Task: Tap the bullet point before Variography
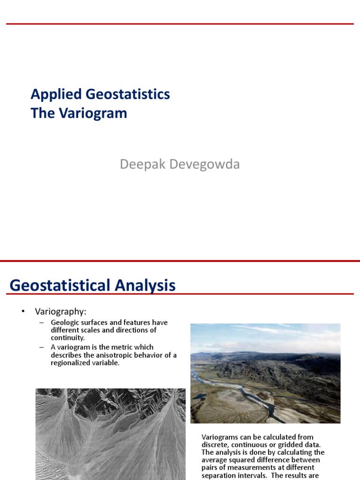[x=21, y=312]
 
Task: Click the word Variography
[x=61, y=312]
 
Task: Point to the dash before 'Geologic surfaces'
[x=42, y=322]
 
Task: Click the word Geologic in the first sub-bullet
[x=65, y=322]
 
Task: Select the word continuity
[x=67, y=337]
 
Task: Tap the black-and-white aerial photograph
[x=110, y=434]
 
